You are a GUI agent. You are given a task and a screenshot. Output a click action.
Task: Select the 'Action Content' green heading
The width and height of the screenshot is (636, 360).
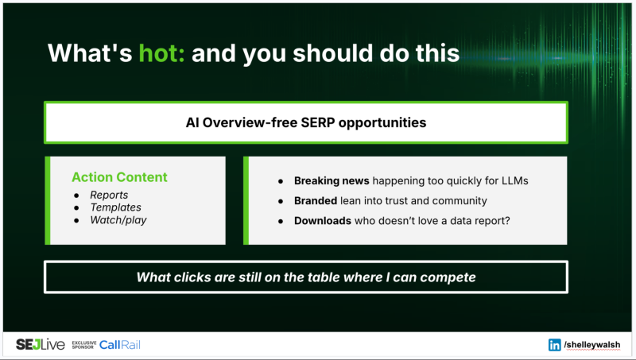click(x=119, y=177)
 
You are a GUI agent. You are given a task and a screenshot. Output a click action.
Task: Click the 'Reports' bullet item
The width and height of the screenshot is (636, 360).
click(x=109, y=195)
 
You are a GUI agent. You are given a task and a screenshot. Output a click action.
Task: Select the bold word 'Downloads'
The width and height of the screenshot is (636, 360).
click(x=323, y=220)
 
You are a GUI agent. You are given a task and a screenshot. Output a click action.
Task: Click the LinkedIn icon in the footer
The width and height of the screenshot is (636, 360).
click(x=554, y=345)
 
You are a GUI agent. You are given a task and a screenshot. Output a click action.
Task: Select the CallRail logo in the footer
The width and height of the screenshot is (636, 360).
click(x=120, y=344)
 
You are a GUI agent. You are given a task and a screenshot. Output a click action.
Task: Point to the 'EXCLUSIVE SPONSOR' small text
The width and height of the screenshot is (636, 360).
click(x=83, y=345)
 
